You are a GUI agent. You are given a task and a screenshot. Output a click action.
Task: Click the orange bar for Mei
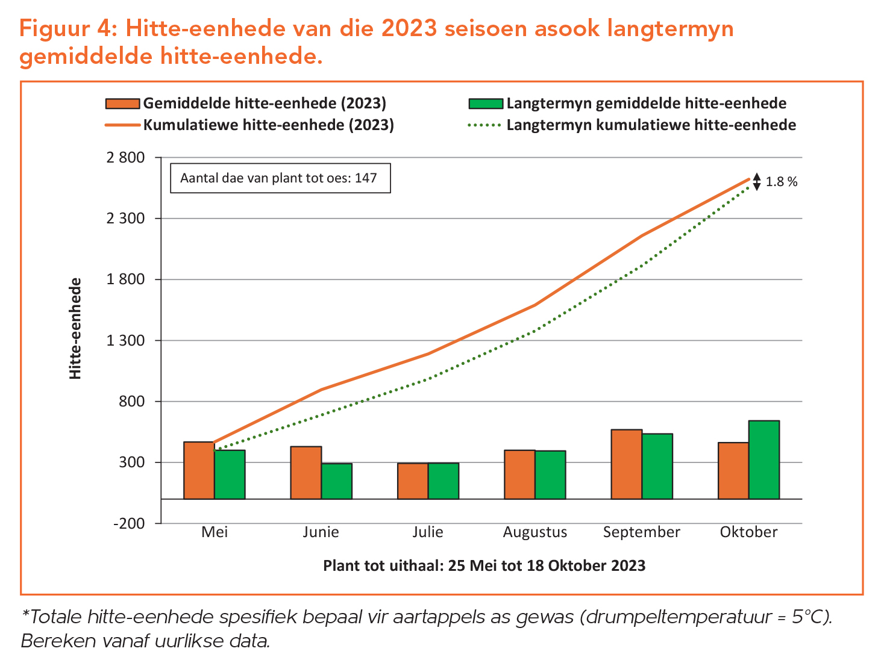click(199, 470)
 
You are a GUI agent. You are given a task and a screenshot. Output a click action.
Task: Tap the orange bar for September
click(626, 464)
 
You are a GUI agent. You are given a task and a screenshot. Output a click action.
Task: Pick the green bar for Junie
click(336, 481)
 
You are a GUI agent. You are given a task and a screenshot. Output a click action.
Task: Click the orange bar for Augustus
click(519, 475)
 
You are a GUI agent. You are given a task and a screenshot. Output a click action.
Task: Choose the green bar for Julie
click(444, 481)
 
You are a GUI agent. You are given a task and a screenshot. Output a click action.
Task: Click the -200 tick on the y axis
click(129, 523)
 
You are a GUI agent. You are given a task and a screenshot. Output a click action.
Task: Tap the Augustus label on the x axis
click(535, 532)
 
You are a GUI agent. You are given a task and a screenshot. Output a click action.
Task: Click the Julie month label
click(428, 532)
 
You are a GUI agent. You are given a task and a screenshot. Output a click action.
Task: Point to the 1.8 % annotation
click(781, 182)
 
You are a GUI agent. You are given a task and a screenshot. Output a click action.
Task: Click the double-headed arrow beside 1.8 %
click(757, 182)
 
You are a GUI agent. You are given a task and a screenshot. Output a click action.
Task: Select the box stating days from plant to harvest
click(280, 178)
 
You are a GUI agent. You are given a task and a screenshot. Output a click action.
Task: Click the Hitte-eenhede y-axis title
click(75, 328)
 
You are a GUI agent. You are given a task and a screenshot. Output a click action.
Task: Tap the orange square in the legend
click(123, 104)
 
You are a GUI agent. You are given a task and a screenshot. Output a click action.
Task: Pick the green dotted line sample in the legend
click(484, 125)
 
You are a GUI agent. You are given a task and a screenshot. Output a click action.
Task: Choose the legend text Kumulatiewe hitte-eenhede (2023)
click(268, 125)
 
